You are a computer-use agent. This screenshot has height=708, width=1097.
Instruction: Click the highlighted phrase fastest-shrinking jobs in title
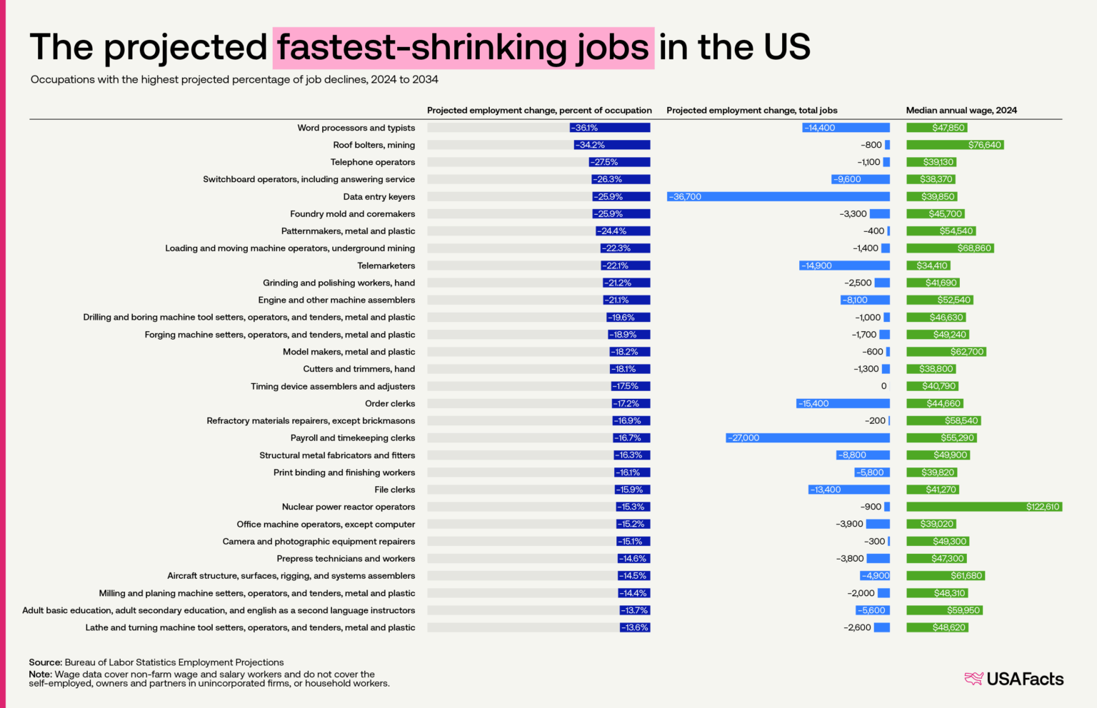463,48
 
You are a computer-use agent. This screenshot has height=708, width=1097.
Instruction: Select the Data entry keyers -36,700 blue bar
778,197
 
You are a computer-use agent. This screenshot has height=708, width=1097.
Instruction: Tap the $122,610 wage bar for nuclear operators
983,507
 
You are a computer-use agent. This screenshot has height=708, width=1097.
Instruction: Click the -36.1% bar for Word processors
610,128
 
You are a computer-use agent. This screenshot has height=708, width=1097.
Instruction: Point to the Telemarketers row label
386,265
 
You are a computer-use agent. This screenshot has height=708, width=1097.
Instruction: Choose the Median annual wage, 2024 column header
961,111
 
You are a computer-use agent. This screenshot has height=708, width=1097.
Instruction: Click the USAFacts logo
1013,679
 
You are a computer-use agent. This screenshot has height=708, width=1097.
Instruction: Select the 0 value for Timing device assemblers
883,386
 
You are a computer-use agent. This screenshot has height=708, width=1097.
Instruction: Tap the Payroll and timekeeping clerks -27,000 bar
808,438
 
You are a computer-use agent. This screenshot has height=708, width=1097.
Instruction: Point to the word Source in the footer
45,662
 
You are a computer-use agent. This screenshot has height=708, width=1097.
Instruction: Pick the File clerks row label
394,490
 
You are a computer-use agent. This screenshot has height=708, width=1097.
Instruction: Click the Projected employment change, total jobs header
751,111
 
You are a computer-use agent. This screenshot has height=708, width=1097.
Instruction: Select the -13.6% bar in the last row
635,628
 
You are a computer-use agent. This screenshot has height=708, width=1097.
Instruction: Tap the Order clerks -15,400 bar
843,404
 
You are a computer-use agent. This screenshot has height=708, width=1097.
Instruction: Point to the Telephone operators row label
372,162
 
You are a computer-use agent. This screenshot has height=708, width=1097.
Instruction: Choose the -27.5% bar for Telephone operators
619,162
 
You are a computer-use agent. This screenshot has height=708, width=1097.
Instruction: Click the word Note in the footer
40,674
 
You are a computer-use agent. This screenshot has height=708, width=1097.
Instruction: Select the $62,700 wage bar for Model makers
946,352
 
